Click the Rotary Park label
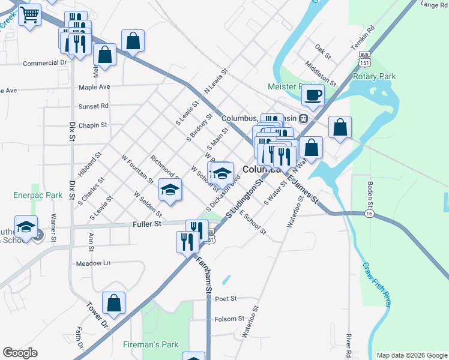375,77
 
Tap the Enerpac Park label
38,196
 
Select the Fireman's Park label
151,345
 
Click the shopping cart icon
29,14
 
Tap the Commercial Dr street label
45,62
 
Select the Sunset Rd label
93,106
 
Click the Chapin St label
92,125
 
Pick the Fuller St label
147,224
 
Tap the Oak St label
323,52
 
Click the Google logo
20,353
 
